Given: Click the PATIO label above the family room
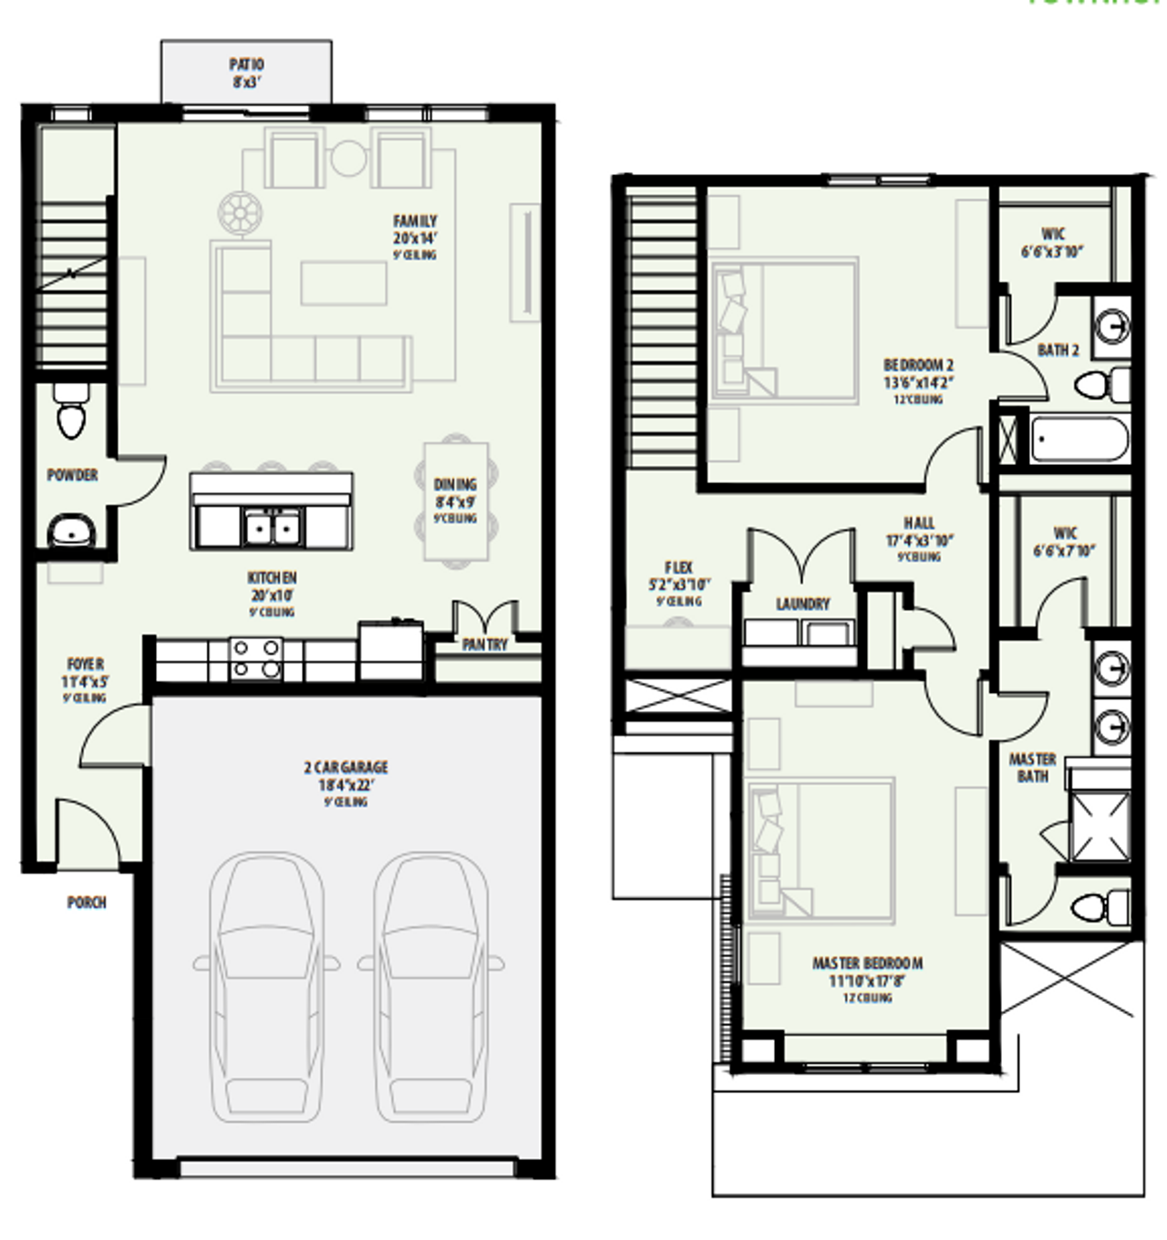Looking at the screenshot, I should click(246, 65).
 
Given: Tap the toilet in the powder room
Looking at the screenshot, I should click(71, 413).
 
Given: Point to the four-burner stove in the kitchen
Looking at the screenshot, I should click(255, 659).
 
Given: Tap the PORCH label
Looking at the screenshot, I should click(87, 903).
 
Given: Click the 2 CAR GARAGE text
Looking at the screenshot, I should click(346, 768).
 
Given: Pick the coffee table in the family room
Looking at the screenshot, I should click(344, 283).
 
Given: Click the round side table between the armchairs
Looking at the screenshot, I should click(347, 158).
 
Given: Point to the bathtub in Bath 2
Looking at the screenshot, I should click(1080, 440).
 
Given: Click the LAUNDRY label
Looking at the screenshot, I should click(802, 604).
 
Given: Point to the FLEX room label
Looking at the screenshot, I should click(678, 567).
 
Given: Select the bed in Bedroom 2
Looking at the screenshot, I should click(785, 331).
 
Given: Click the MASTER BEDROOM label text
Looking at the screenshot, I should click(867, 963).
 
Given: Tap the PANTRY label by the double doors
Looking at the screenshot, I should click(484, 645).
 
